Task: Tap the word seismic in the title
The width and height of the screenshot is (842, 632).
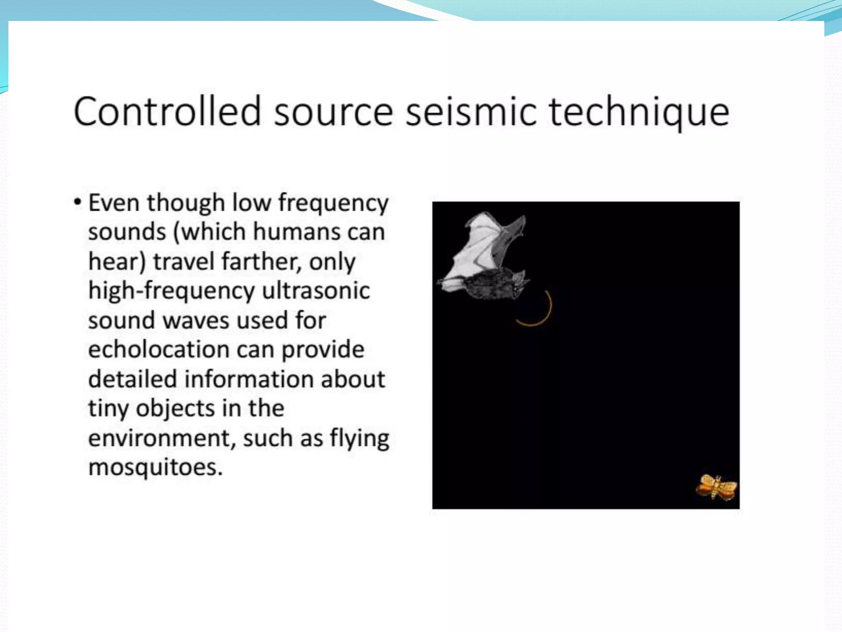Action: [471, 111]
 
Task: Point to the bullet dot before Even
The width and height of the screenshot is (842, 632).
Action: [77, 202]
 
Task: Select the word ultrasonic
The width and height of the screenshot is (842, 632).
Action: [316, 290]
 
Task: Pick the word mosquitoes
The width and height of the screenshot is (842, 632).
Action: [155, 467]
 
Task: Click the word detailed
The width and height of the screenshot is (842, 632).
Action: [132, 379]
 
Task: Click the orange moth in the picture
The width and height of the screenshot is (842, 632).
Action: [717, 488]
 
